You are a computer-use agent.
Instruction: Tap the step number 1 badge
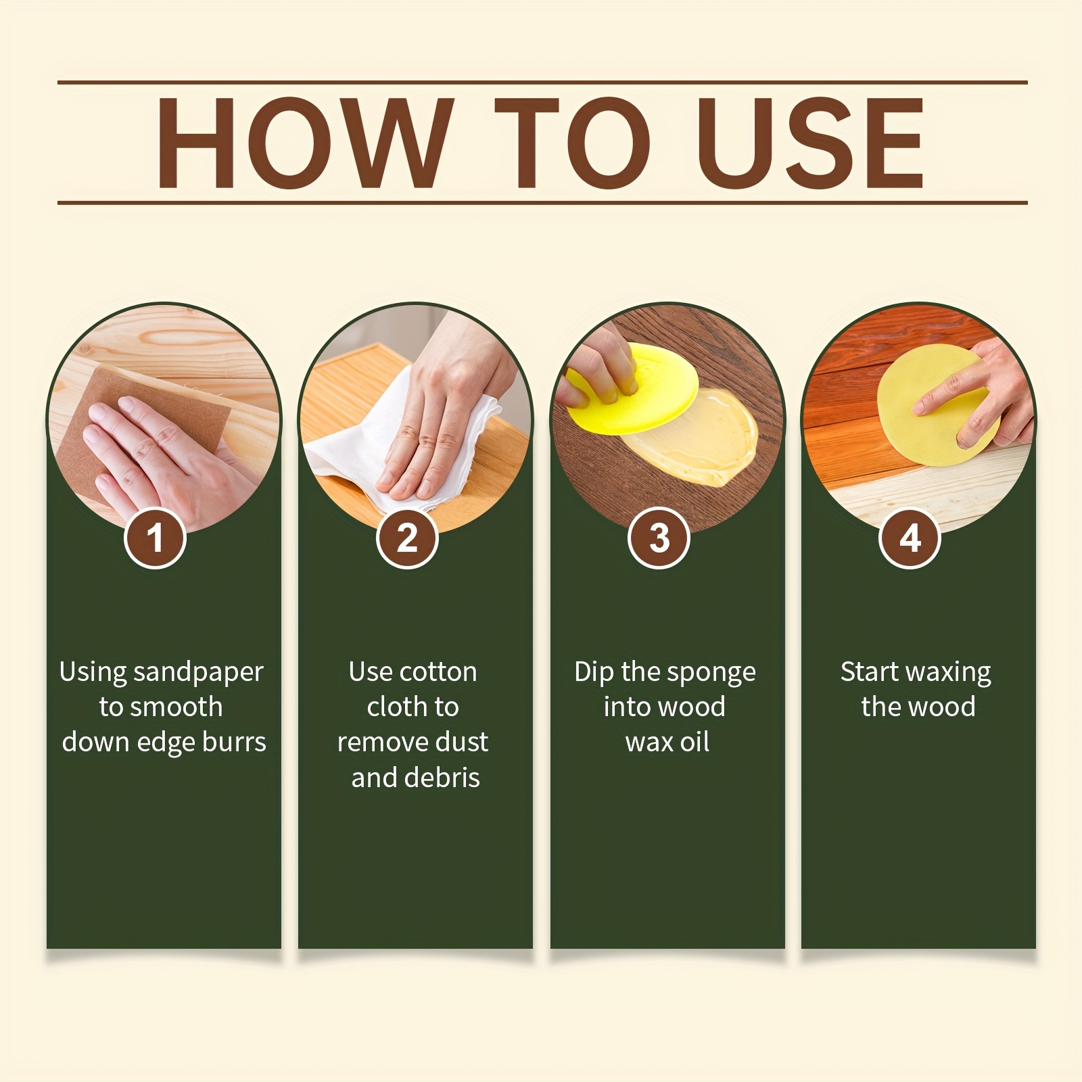155,538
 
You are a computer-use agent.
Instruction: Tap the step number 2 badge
407,538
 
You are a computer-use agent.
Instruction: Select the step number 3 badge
659,538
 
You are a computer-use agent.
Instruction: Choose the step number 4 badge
910,538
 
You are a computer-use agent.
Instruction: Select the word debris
442,778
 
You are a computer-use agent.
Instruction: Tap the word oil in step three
695,743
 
